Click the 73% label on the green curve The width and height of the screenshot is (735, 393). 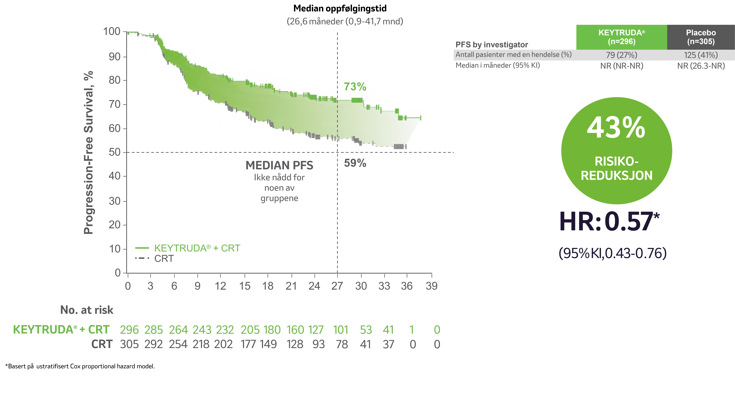point(355,87)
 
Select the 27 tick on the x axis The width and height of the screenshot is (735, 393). point(337,286)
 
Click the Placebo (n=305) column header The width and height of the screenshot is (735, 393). point(701,37)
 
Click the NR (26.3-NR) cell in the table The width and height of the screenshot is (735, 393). point(701,66)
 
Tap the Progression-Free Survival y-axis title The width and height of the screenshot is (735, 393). point(88,152)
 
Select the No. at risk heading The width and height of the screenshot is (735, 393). point(87,310)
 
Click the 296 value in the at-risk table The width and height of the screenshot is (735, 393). point(129,330)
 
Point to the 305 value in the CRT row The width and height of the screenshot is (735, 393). point(129,344)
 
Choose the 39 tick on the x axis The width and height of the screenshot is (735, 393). point(431,286)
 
